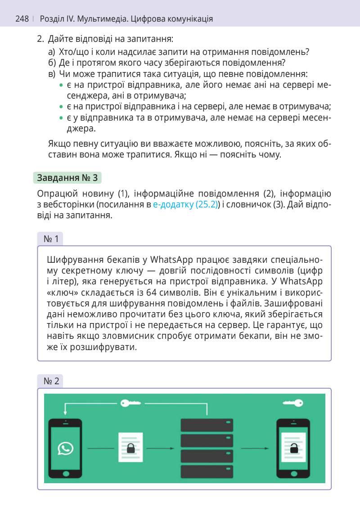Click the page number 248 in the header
[x=22, y=19]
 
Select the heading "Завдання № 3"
[x=67, y=178]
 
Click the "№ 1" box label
[x=51, y=239]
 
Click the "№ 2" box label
[x=51, y=381]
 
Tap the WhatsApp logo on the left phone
[x=66, y=448]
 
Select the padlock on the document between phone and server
[x=131, y=448]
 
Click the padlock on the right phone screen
[x=293, y=448]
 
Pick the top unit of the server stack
[x=207, y=425]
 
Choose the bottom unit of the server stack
[x=207, y=472]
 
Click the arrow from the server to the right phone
[x=255, y=448]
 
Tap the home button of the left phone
[x=66, y=474]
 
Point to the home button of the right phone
[x=293, y=474]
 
